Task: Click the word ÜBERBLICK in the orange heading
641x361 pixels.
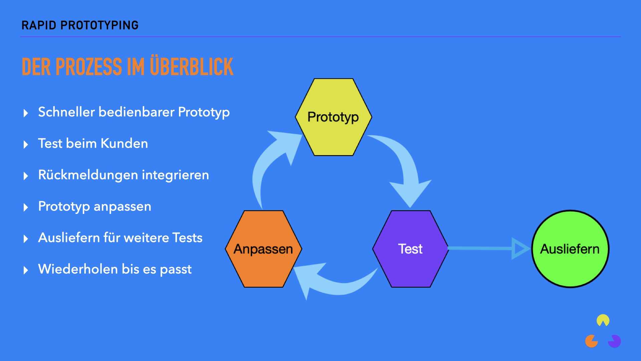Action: pyautogui.click(x=191, y=67)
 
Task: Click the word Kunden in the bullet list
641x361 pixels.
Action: pyautogui.click(x=124, y=143)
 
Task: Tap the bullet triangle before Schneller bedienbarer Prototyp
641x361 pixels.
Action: pyautogui.click(x=26, y=113)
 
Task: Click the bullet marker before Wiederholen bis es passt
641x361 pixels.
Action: pyautogui.click(x=26, y=270)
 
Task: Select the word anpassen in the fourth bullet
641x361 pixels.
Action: pyautogui.click(x=123, y=207)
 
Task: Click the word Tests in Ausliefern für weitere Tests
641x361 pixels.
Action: pyautogui.click(x=187, y=238)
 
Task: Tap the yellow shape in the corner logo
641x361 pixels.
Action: pyautogui.click(x=603, y=320)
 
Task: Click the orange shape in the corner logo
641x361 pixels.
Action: pyautogui.click(x=591, y=341)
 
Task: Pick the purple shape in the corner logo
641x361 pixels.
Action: pyautogui.click(x=615, y=341)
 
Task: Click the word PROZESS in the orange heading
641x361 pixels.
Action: pyautogui.click(x=88, y=67)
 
